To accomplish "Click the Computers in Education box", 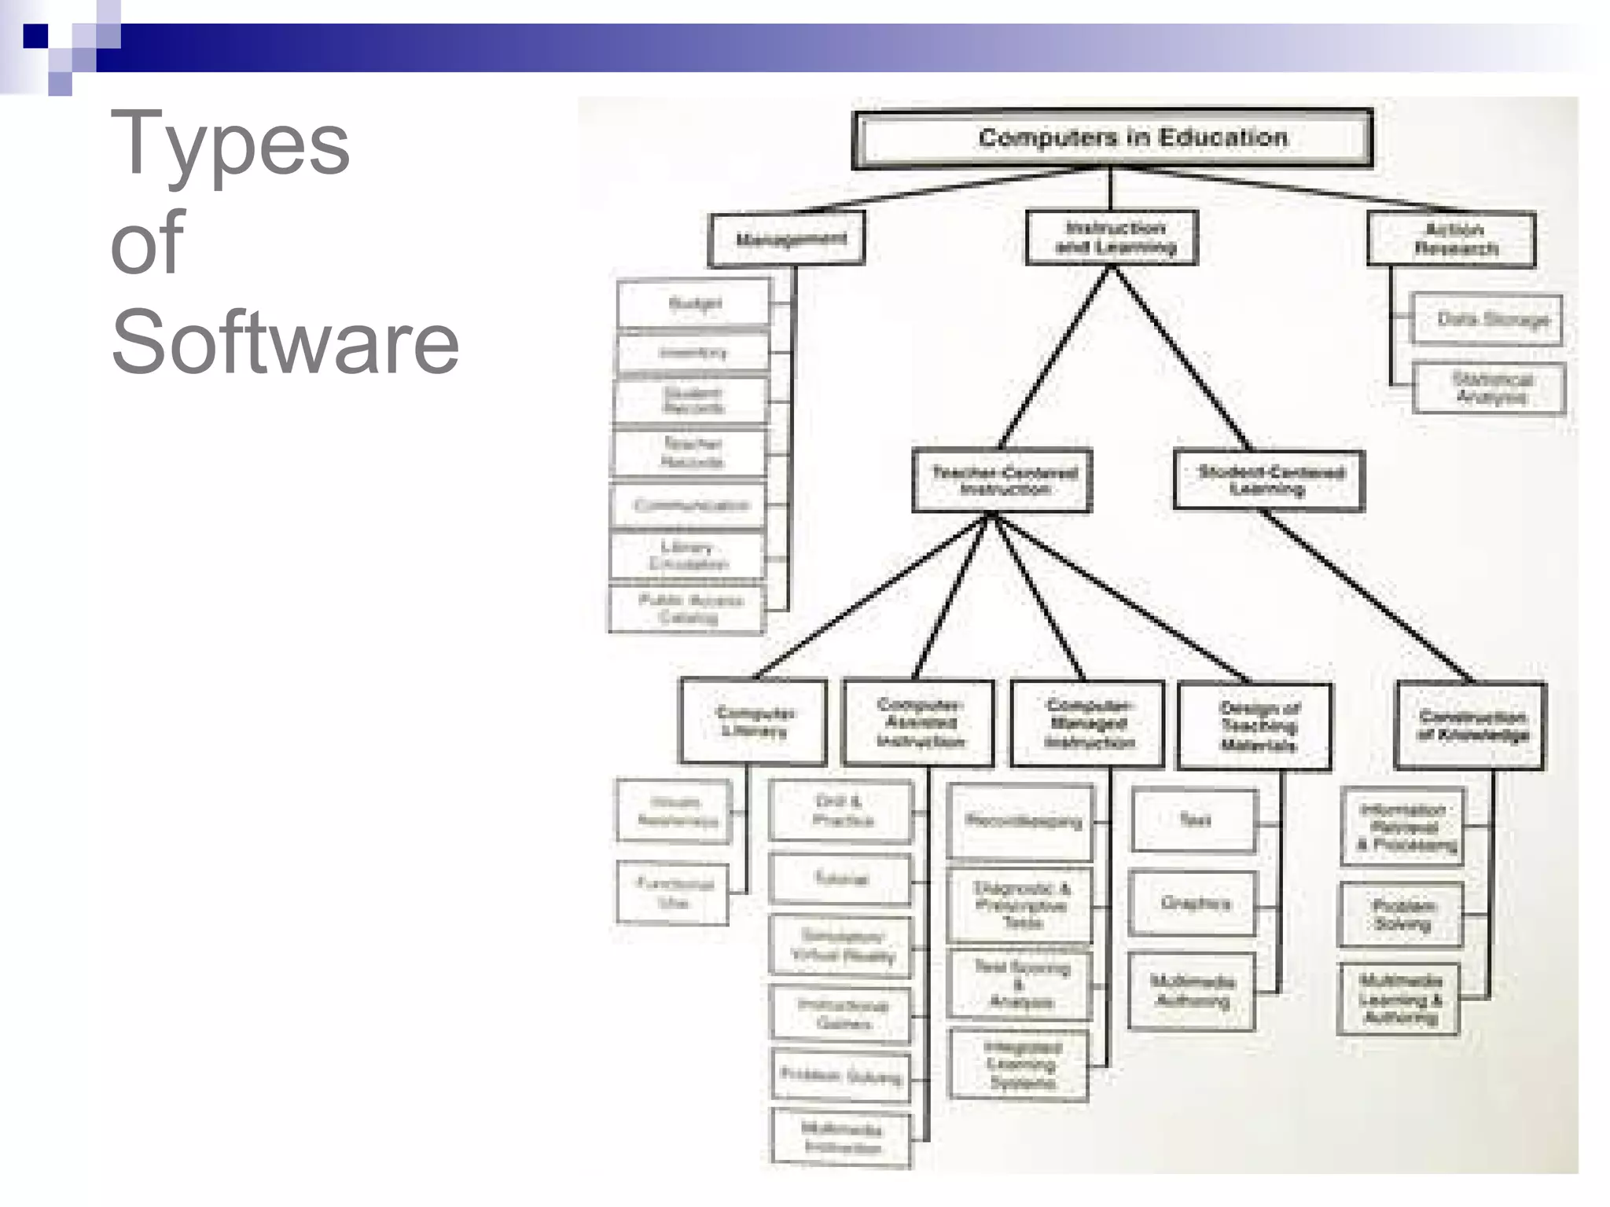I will coord(1112,138).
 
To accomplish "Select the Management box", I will coord(787,239).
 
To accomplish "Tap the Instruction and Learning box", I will coord(1112,237).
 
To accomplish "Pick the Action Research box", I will coord(1452,240).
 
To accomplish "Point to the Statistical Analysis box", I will coord(1489,388).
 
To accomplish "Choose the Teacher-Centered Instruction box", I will coord(1002,480).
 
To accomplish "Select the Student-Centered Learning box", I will coord(1269,480).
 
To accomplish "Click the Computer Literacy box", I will coord(753,721).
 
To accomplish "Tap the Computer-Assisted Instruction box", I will coord(918,723).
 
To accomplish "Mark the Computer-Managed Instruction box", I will coord(1088,724).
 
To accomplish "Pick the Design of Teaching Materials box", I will coord(1255,726).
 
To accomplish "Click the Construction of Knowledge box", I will coord(1471,726).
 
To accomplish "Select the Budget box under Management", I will coord(693,303).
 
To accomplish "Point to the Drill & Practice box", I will coord(841,811).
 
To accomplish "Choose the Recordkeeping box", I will coord(1020,821).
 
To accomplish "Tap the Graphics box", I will coord(1193,904).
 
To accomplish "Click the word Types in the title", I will coord(230,145).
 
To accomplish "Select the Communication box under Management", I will coord(689,504).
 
